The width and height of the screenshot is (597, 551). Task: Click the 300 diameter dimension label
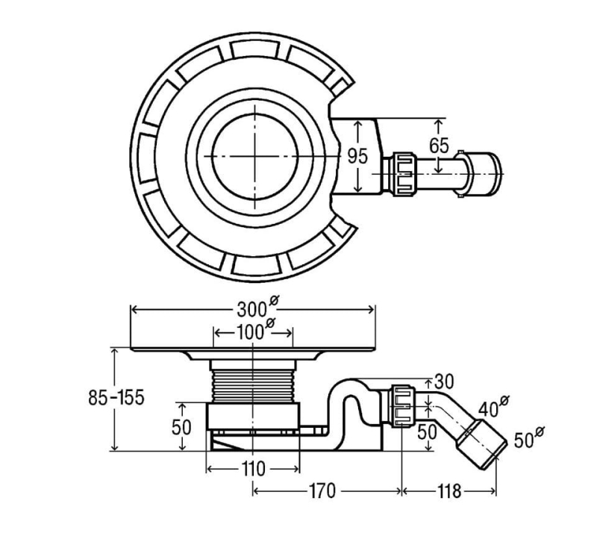(253, 308)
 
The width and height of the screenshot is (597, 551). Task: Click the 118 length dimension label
(449, 491)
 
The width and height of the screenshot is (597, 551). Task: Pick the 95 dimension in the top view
(358, 156)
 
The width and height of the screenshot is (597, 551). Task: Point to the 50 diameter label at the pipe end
(527, 439)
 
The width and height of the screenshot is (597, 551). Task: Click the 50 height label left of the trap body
(181, 427)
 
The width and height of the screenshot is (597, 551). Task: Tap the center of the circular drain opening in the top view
(256, 157)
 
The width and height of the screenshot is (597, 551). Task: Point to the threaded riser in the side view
(253, 381)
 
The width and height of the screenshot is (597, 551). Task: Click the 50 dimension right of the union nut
(428, 432)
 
